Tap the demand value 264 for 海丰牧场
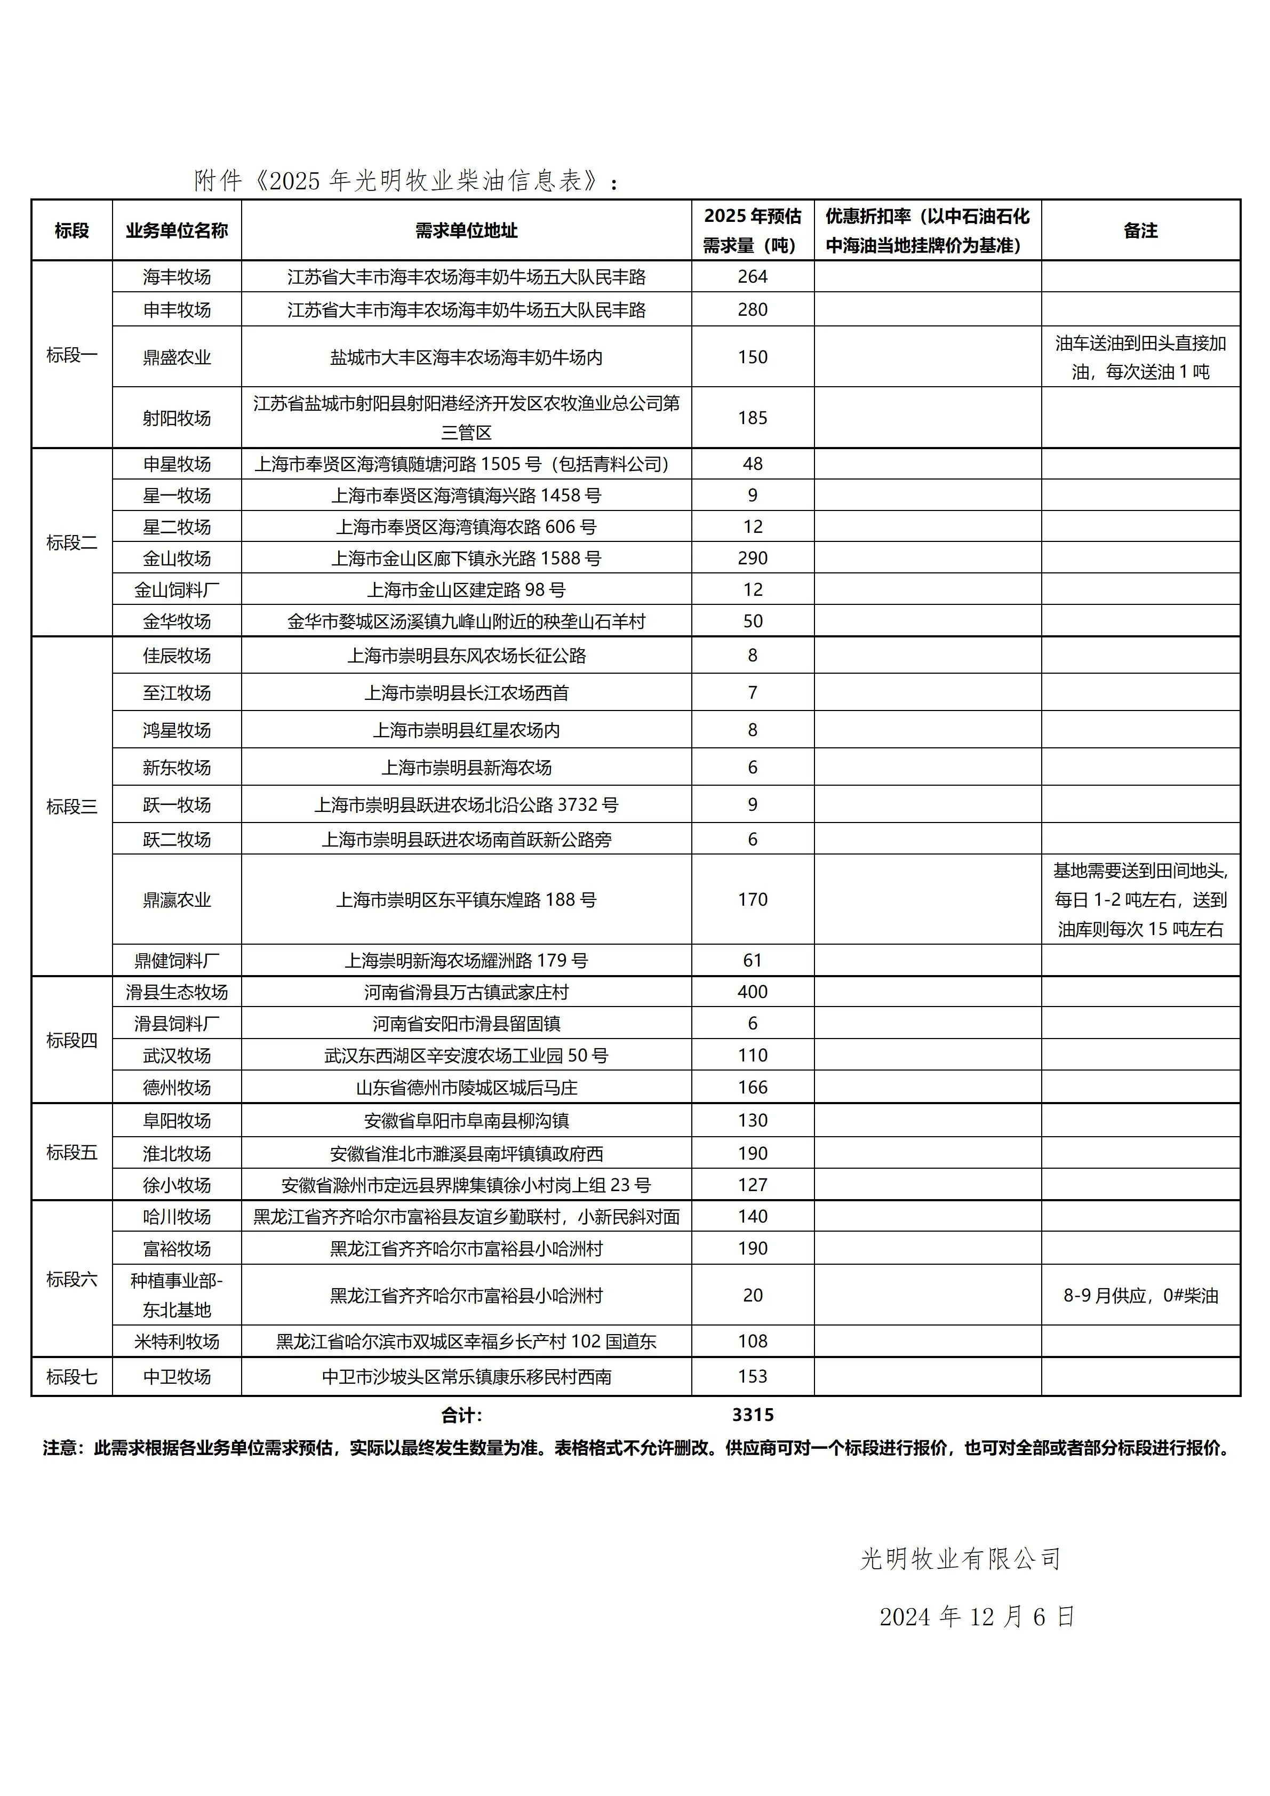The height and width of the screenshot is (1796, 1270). (x=752, y=277)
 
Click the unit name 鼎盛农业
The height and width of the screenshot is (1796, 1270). (x=177, y=357)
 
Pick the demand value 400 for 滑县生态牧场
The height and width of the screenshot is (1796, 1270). (x=752, y=992)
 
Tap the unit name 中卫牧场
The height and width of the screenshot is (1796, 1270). (x=177, y=1377)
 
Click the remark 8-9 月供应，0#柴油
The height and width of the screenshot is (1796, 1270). (x=1140, y=1295)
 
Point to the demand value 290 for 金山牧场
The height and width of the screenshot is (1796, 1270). (x=752, y=558)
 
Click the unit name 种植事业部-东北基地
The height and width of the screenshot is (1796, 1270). (x=177, y=1295)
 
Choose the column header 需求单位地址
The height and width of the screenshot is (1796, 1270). (x=466, y=230)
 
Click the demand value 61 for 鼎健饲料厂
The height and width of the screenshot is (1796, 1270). (x=752, y=961)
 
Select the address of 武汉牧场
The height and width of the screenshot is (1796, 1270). (x=466, y=1055)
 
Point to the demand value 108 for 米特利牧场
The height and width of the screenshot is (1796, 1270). (x=752, y=1342)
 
